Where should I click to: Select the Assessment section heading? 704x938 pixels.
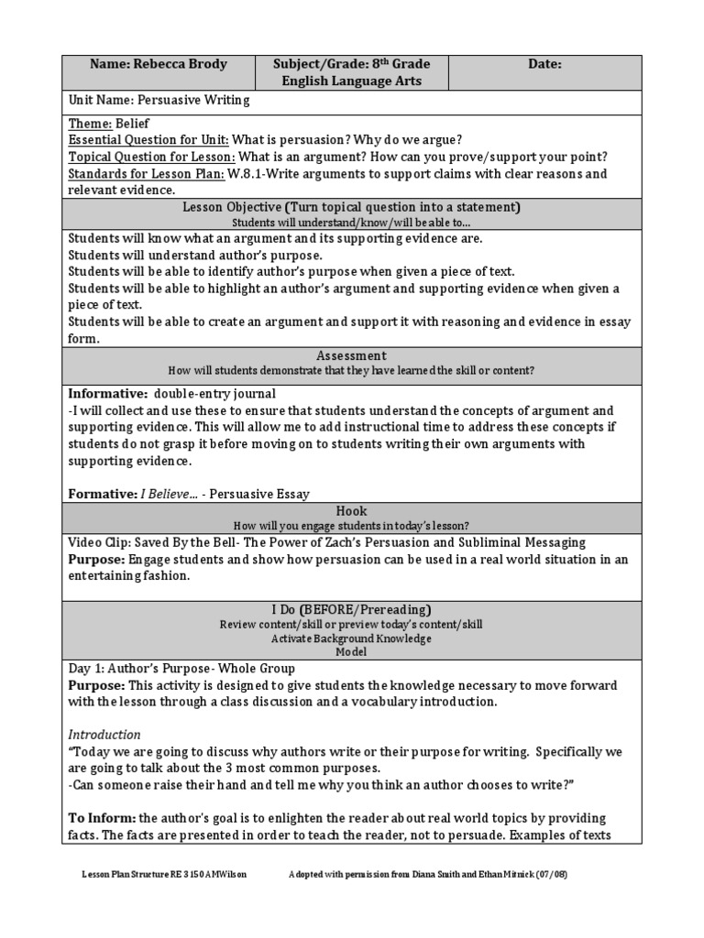pyautogui.click(x=352, y=355)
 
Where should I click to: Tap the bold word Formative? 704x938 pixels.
pyautogui.click(x=103, y=494)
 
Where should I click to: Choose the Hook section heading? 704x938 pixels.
pyautogui.click(x=352, y=511)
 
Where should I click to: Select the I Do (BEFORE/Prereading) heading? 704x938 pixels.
pyautogui.click(x=352, y=609)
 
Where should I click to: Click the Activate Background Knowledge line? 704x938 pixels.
pyautogui.click(x=352, y=638)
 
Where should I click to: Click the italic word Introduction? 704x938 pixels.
pyautogui.click(x=104, y=735)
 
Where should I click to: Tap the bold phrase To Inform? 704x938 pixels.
pyautogui.click(x=102, y=818)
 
